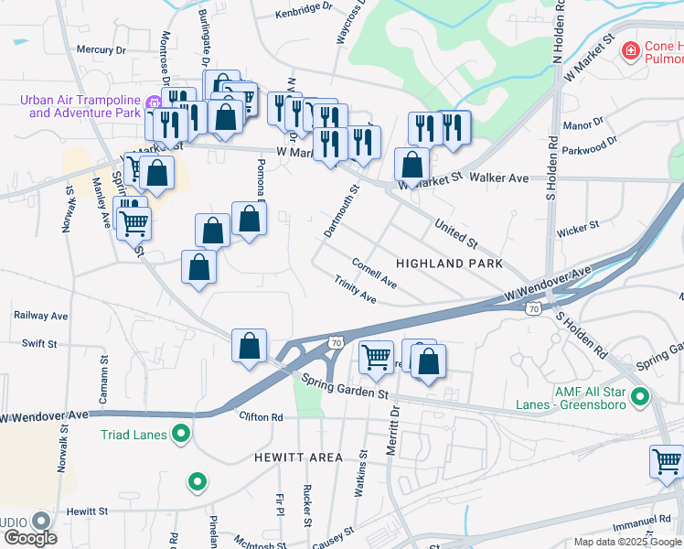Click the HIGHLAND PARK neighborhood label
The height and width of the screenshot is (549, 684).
coord(449,263)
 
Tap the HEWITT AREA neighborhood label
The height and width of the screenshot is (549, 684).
coord(300,457)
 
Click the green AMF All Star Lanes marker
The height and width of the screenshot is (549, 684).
coord(640,398)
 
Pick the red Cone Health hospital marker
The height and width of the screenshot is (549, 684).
coord(629,49)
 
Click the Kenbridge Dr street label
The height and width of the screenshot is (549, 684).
coord(305,9)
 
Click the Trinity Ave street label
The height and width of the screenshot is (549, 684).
coord(355,291)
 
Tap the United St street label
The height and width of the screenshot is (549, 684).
coord(456,233)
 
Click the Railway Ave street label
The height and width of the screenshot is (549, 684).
coord(41,315)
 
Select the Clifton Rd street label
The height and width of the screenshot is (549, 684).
coord(262,417)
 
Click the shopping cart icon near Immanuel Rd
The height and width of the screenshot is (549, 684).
coord(667,461)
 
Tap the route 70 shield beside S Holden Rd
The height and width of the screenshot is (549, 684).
coord(532,310)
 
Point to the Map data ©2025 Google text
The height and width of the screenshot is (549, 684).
coord(627,542)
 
